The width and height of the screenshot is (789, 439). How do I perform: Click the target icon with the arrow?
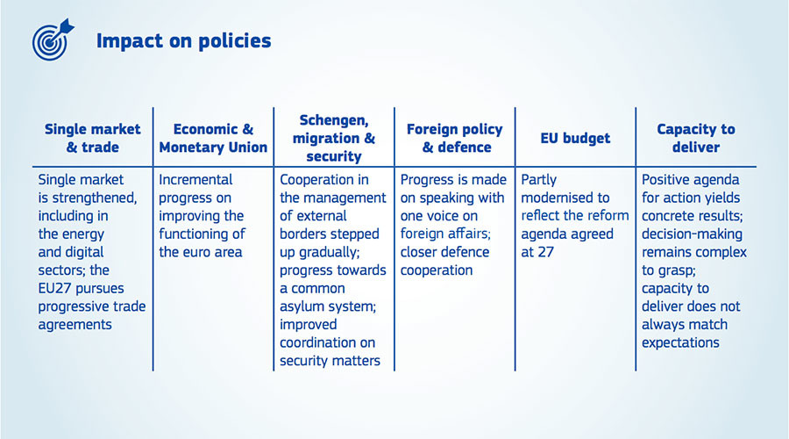[52, 40]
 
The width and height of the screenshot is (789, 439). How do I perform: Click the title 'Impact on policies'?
[184, 41]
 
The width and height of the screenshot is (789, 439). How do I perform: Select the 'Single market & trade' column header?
[93, 138]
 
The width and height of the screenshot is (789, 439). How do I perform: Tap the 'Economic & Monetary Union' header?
[213, 138]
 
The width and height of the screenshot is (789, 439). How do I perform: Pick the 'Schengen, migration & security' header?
[334, 138]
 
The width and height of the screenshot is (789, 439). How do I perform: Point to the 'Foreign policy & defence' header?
[455, 138]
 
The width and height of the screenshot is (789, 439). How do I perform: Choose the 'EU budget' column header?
[575, 138]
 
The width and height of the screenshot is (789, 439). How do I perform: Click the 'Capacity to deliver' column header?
[696, 138]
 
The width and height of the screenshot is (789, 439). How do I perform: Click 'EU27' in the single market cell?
[53, 288]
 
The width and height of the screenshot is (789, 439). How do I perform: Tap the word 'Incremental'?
[195, 179]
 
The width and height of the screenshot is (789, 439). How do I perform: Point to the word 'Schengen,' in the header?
[334, 121]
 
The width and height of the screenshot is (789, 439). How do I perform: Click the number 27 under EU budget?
[545, 252]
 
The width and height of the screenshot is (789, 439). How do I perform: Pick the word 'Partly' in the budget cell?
[539, 180]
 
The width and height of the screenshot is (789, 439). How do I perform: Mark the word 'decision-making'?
[692, 234]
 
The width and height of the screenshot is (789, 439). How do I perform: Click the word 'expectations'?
[680, 342]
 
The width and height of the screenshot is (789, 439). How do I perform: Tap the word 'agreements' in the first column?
[75, 325]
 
